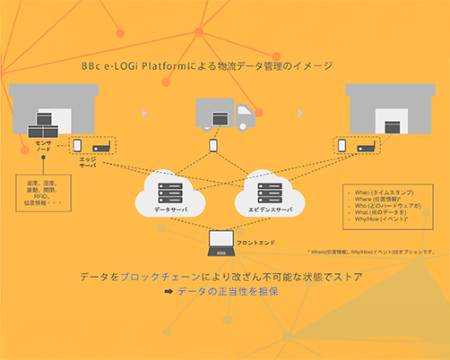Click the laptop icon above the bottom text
220,240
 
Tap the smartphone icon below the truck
213,144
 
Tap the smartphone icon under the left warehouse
77,145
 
